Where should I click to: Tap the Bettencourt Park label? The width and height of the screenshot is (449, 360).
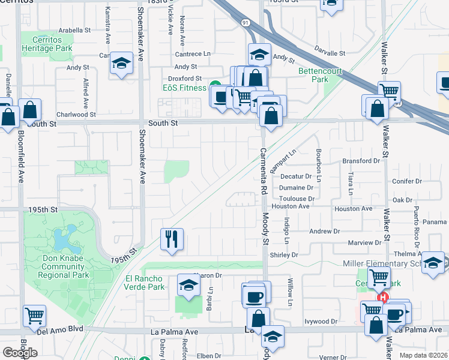321,75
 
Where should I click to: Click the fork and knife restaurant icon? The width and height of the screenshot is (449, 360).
172,239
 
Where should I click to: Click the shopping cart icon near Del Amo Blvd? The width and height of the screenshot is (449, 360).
35,315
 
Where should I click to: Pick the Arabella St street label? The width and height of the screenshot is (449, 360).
74,29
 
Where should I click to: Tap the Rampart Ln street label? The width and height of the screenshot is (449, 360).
283,163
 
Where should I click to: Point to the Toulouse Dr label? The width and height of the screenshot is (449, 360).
297,199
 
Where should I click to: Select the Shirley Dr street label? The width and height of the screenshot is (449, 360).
284,255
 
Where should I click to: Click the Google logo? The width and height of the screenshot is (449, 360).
20,352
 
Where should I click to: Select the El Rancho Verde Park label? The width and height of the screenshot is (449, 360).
145,283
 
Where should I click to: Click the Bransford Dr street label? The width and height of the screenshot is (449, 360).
361,161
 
